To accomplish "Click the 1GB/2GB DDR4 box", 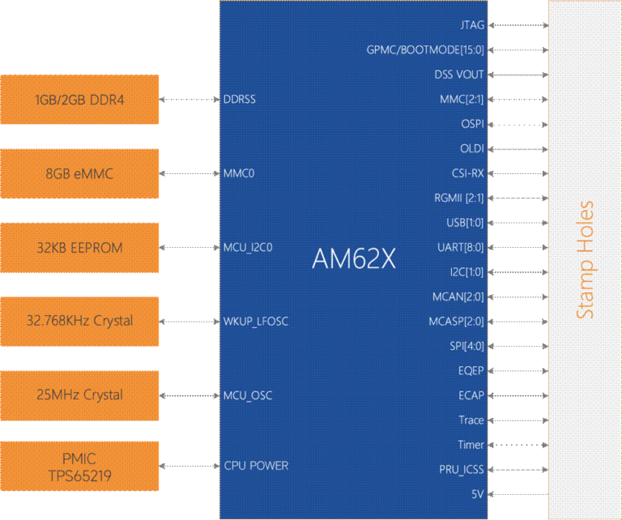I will pos(79,100).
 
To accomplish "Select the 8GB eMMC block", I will pos(79,173).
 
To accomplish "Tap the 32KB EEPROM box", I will pos(79,247).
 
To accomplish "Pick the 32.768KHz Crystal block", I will pos(79,322).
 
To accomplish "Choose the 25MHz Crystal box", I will pos(79,395).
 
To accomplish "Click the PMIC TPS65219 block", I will pos(79,467).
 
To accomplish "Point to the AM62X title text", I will pos(354,258).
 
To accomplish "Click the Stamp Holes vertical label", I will pos(586,259).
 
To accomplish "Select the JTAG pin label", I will pos(471,25).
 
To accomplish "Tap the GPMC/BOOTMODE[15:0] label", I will pos(425,50).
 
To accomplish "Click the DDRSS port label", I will pos(240,100).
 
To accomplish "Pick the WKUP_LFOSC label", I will pos(255,322).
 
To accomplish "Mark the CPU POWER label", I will pos(255,466).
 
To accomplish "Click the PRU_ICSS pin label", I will pos(461,469).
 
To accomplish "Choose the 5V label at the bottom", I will pos(477,493).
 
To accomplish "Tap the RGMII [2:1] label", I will pos(459,198).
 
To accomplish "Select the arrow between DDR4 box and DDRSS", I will pos(190,100).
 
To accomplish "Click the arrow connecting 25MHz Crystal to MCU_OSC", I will pos(190,396).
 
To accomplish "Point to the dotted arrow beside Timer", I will pos(518,445).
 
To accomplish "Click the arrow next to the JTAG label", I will pos(518,26).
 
